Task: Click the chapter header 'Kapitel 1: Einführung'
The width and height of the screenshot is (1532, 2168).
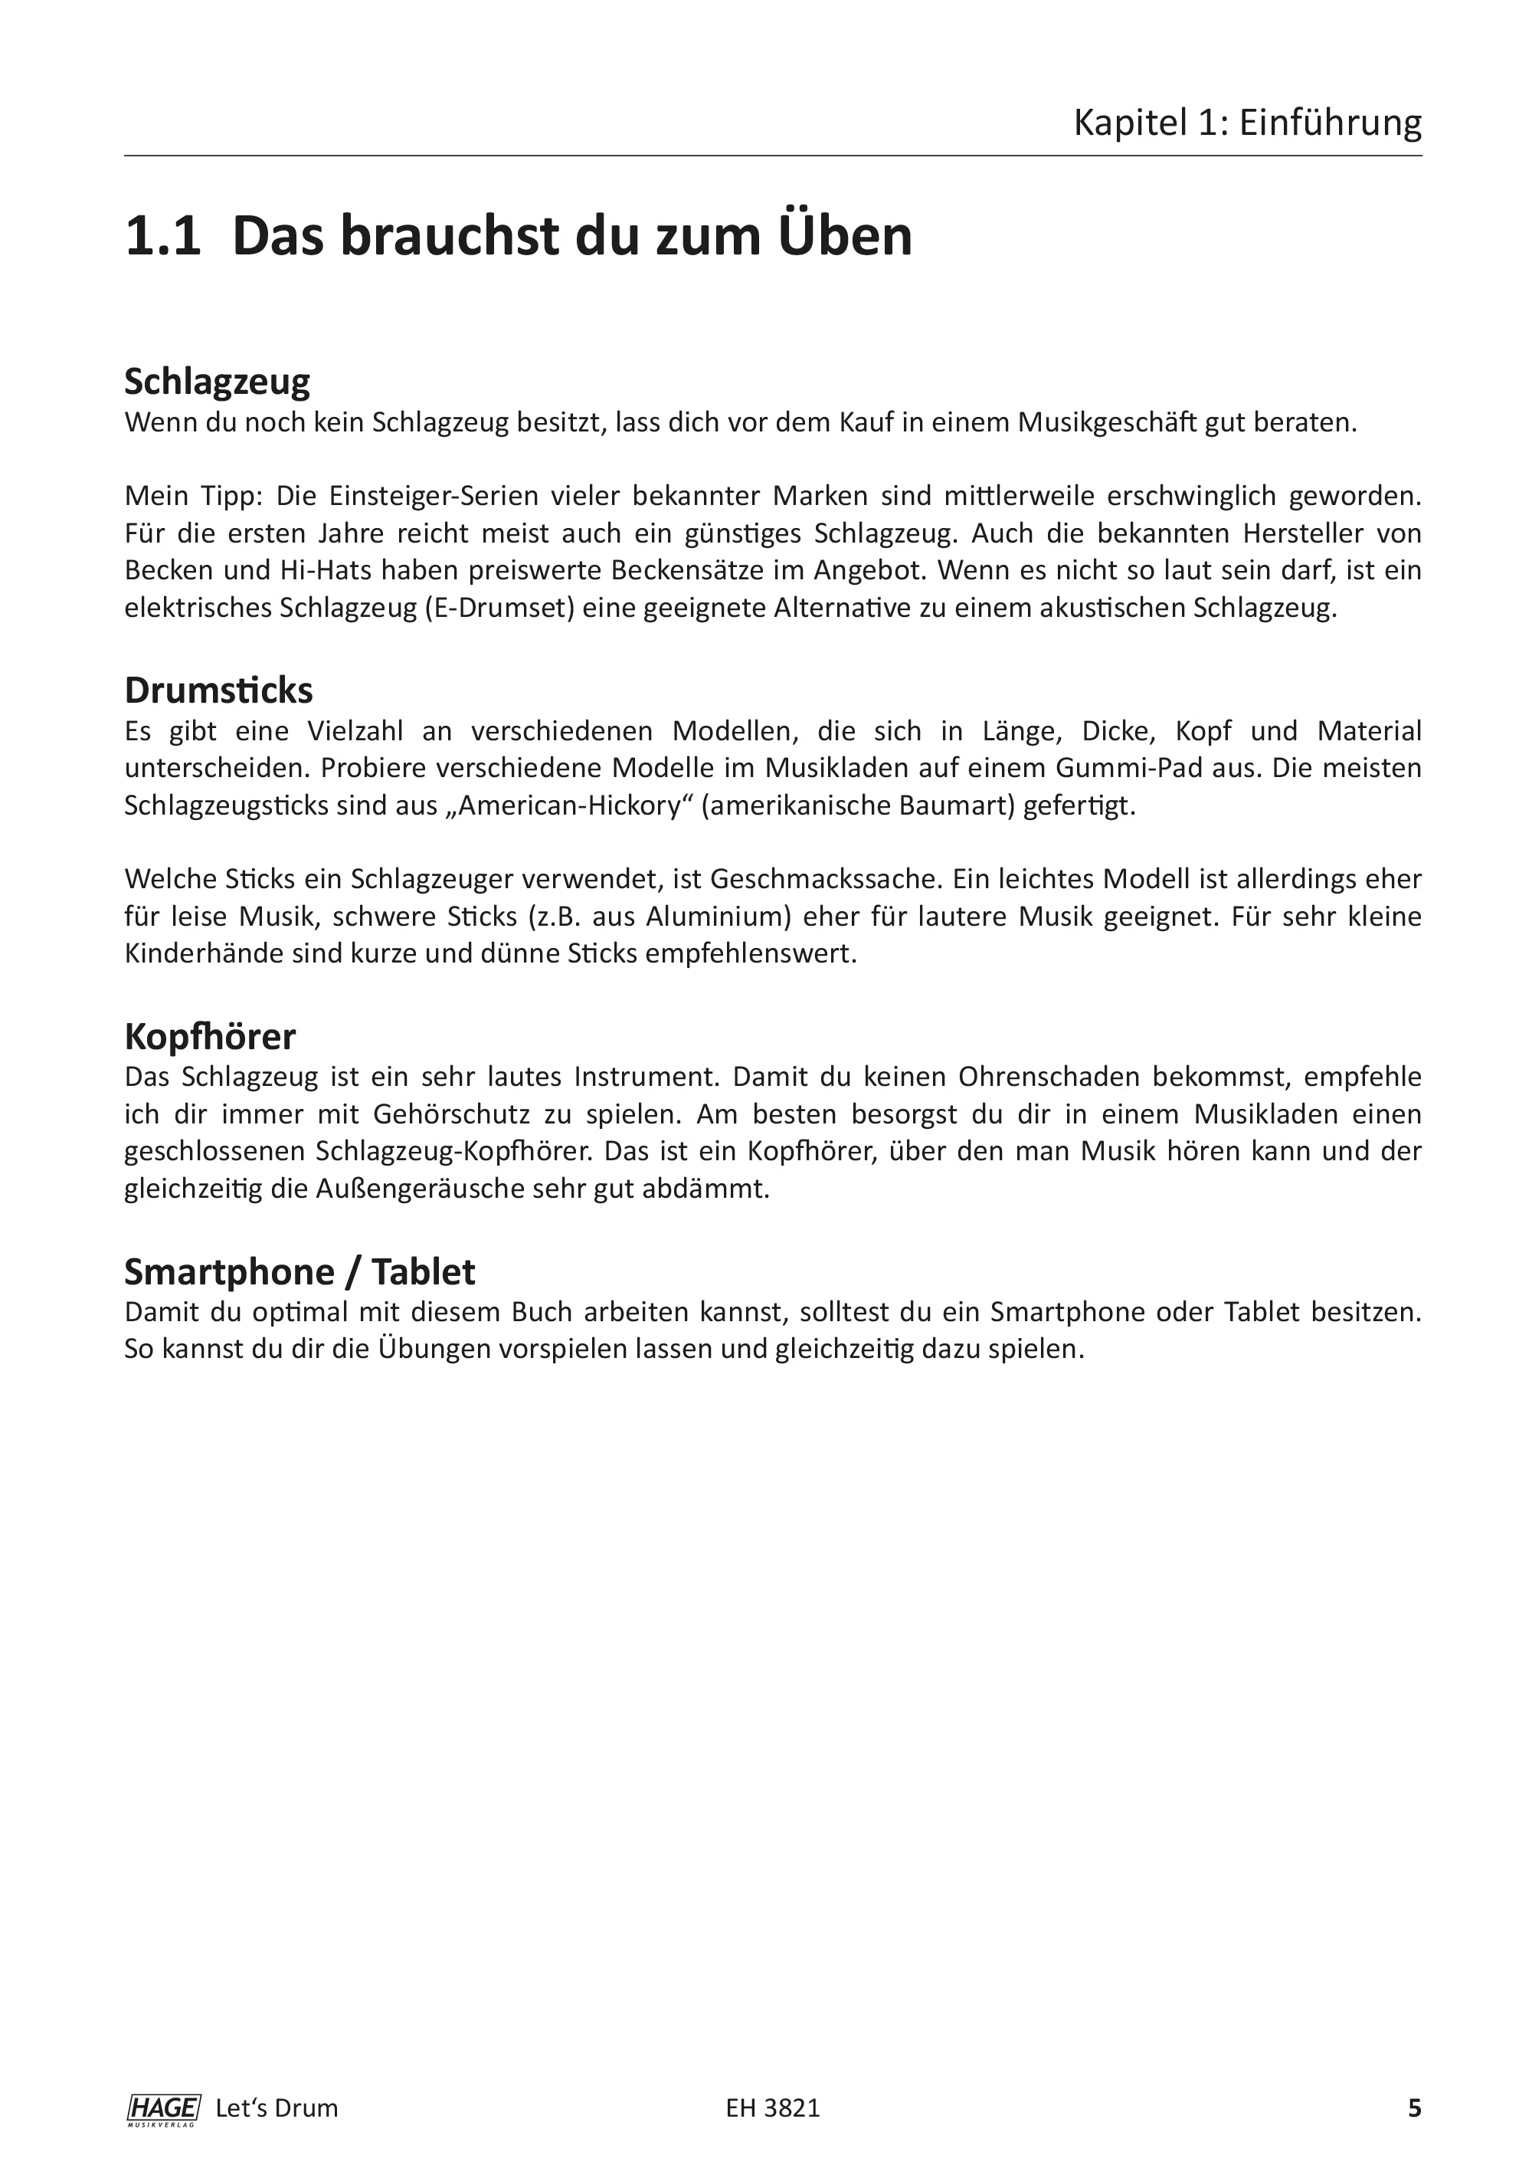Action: tap(1247, 123)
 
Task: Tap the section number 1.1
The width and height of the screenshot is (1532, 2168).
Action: tap(162, 236)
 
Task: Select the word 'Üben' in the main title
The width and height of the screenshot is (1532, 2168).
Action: tap(846, 236)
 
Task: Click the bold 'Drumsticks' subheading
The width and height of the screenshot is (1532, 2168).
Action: tap(218, 690)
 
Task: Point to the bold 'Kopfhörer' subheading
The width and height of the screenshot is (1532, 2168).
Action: tap(210, 1037)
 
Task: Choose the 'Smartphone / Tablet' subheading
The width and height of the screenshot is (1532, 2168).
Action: tap(300, 1272)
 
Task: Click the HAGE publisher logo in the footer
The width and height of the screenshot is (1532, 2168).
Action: tap(162, 2108)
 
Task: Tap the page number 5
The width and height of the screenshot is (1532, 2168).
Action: tap(1414, 2108)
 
